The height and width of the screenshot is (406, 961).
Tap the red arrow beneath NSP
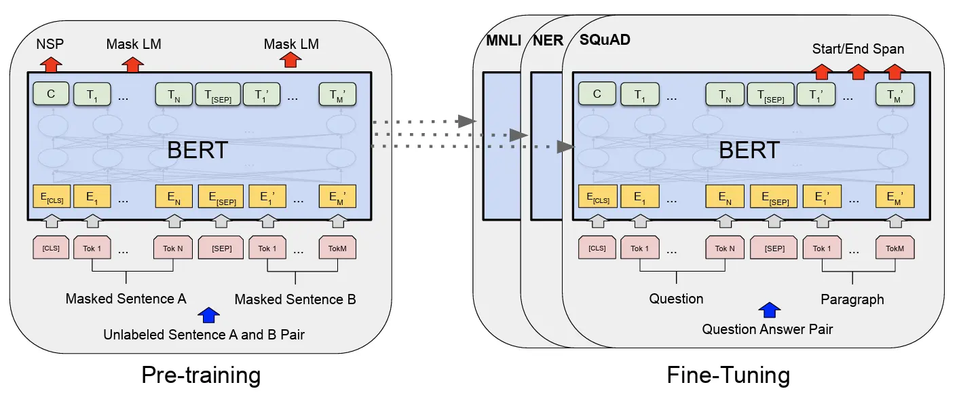coord(51,64)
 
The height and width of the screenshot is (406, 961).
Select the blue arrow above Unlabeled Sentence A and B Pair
coord(209,314)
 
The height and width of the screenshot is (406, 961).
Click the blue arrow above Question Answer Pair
coord(768,310)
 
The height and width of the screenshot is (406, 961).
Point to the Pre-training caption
coord(201,375)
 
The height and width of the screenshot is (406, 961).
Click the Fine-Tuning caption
coord(728,375)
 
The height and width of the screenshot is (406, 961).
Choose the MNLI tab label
coord(504,41)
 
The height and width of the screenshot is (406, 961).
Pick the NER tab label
coord(548,41)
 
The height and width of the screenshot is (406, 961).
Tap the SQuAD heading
coord(605,40)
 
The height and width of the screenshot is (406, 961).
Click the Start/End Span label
coord(858,49)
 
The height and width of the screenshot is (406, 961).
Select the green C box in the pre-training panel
coord(51,94)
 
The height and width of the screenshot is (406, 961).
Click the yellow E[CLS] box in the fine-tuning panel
coord(597,196)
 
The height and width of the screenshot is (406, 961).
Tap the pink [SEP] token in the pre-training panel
coord(221,248)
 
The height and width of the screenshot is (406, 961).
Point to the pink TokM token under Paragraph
coord(894,248)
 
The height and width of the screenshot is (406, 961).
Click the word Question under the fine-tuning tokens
coord(676,299)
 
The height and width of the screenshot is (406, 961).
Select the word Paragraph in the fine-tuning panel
coord(852,299)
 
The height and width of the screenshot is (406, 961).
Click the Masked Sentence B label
coord(295,299)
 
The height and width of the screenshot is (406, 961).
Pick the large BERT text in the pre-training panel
coord(197,150)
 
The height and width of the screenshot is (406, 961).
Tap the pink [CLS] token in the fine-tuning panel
coord(597,248)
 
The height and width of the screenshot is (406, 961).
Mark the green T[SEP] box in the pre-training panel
coord(217,94)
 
